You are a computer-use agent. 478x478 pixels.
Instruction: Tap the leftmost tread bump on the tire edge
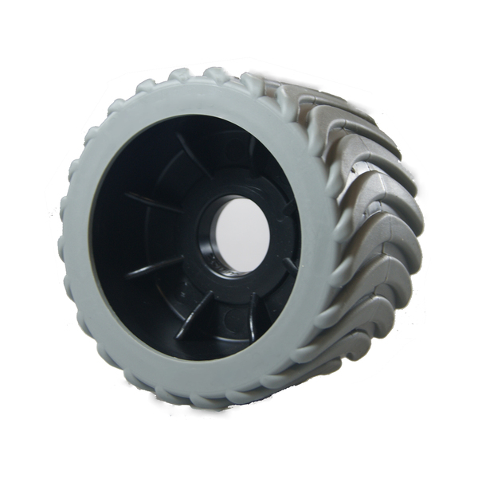64,239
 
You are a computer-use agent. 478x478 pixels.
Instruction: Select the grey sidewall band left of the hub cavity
80,239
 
